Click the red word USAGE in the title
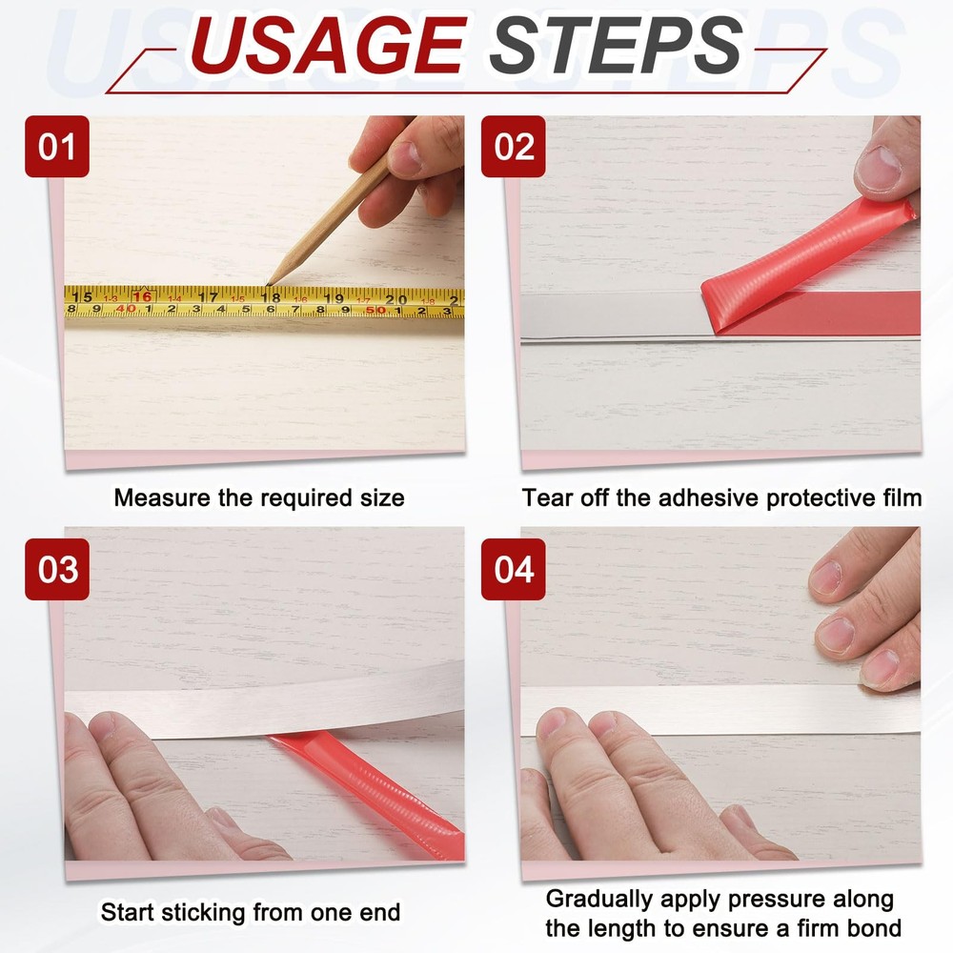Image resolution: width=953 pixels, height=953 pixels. [x=329, y=45]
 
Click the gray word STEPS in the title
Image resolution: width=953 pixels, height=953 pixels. [x=617, y=45]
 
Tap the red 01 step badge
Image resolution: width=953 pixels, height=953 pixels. [x=57, y=147]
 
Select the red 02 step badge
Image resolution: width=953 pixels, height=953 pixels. [x=514, y=147]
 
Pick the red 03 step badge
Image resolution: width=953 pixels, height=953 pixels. [x=57, y=570]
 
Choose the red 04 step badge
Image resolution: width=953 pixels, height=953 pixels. [x=514, y=570]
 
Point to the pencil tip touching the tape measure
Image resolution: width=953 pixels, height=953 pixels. [x=268, y=284]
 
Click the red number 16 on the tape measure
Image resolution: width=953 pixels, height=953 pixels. [x=142, y=296]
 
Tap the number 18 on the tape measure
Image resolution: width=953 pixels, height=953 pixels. [x=271, y=297]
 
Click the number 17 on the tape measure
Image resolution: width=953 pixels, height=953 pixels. [x=208, y=296]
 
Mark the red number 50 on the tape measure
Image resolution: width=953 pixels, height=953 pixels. [x=375, y=310]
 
